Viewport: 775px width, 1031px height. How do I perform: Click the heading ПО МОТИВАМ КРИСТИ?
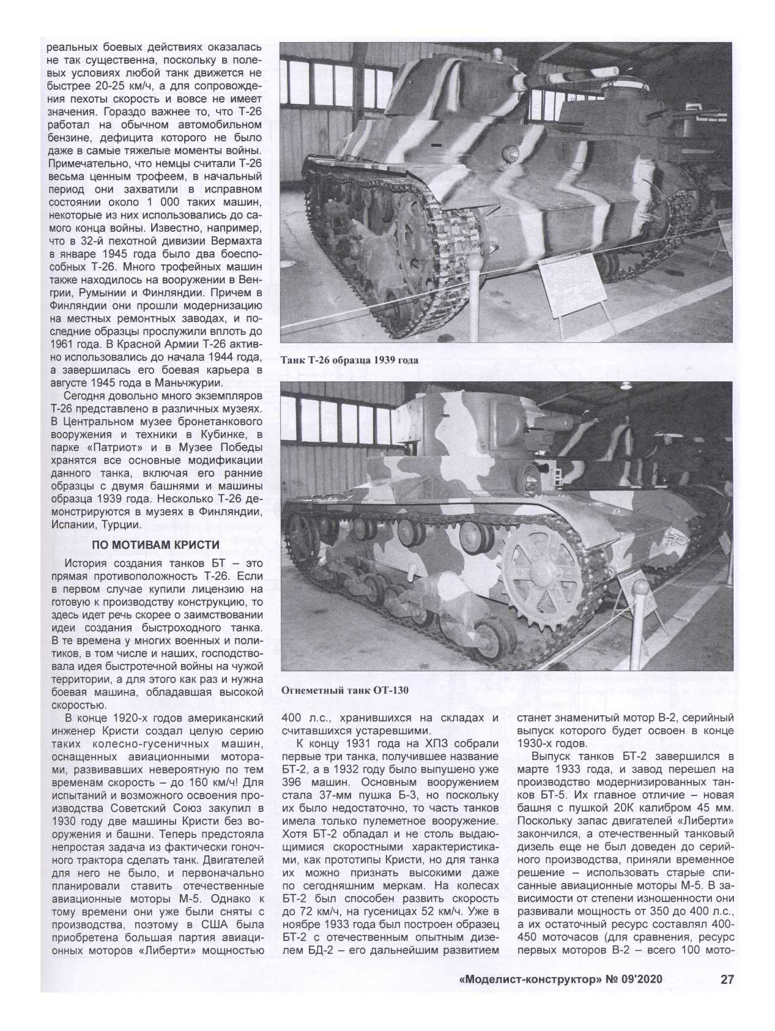(155, 545)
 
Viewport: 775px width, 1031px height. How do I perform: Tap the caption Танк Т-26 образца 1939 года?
(349, 360)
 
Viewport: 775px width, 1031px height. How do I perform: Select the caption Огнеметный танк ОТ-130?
(344, 691)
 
